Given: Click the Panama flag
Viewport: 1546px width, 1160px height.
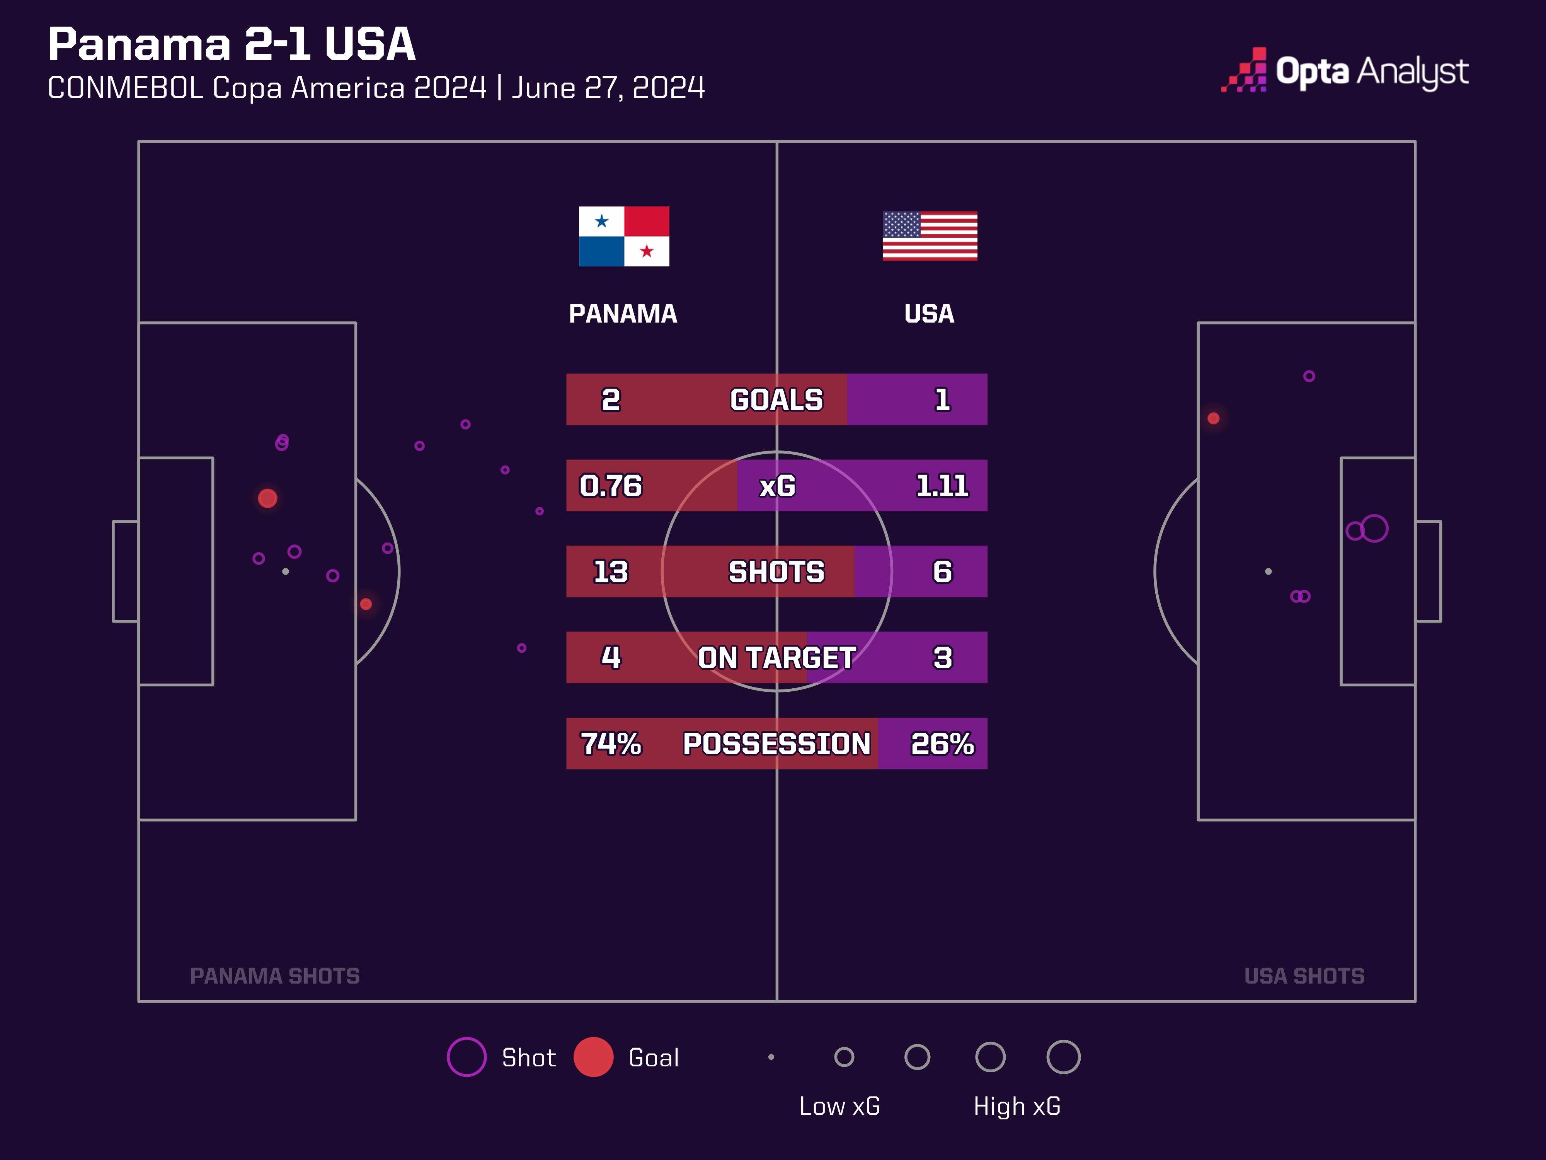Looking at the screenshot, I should (x=623, y=236).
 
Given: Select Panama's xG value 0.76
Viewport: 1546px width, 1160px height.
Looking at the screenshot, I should (x=610, y=486).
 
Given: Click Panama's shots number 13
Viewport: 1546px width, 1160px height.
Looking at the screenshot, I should (x=610, y=572).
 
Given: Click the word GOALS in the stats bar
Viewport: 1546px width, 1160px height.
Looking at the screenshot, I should (x=776, y=400).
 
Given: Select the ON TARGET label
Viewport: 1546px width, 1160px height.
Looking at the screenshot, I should (x=776, y=658).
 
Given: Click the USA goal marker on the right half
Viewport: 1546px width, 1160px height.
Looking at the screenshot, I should (x=1213, y=418).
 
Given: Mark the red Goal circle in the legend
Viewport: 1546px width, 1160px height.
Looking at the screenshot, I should (x=593, y=1056).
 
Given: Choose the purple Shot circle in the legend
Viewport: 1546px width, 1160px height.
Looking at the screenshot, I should (x=466, y=1056).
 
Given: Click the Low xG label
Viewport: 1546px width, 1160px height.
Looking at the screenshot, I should (x=839, y=1106).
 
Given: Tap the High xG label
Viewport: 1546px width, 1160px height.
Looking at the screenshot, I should (x=1017, y=1106).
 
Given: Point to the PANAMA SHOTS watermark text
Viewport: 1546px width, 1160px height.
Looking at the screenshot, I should (x=275, y=976).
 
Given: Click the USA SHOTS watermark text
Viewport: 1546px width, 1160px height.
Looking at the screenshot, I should (x=1304, y=976).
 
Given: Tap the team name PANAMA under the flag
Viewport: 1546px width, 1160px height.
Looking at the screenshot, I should (x=623, y=314).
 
